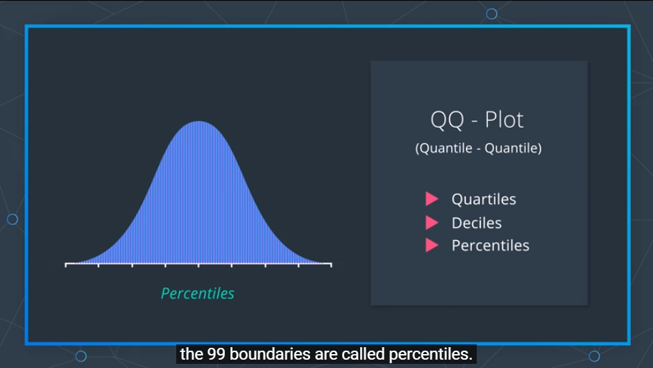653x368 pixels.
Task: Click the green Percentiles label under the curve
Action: point(198,294)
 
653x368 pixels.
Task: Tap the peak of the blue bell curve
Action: point(198,122)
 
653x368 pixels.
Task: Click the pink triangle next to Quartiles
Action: point(432,199)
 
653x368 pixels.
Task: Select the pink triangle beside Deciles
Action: point(432,223)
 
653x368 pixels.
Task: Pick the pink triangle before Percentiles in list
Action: point(432,245)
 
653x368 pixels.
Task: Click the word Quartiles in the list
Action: point(484,199)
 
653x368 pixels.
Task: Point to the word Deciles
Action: point(477,223)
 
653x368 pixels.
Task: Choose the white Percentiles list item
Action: point(491,246)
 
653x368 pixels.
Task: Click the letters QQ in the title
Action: point(447,120)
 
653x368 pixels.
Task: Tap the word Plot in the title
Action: point(504,119)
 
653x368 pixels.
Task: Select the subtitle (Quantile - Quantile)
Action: point(479,148)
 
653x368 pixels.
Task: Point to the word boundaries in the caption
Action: point(270,354)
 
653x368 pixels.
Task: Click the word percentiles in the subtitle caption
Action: point(431,355)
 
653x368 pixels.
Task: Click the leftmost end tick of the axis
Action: point(66,265)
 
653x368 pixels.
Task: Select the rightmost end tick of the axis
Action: point(331,265)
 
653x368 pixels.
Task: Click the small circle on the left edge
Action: point(12,219)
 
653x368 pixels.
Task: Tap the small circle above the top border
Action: point(492,14)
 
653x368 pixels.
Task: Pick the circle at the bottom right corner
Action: point(594,356)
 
